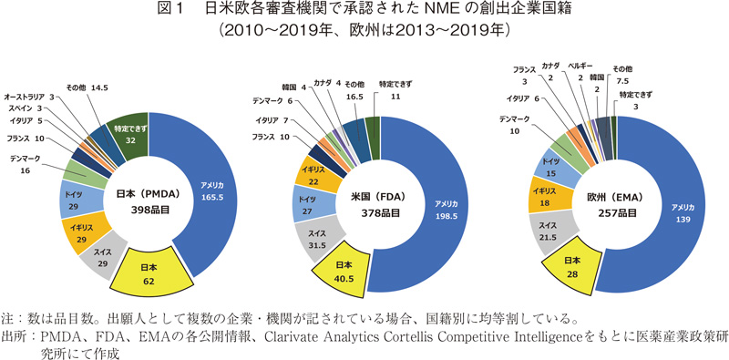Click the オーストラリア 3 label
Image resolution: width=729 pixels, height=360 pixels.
pos(31,96)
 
